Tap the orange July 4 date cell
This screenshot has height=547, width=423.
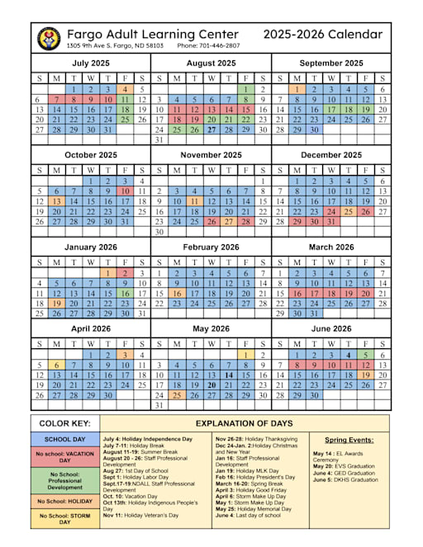[124, 89]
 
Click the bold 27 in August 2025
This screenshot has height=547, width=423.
[211, 130]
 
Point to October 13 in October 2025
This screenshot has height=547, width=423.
[56, 200]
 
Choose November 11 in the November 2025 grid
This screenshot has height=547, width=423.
[194, 200]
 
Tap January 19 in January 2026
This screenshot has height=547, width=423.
[56, 303]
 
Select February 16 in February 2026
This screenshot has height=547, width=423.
[177, 293]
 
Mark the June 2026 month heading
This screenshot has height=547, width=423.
[330, 328]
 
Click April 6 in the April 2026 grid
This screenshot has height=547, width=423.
[56, 365]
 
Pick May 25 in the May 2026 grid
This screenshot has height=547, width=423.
[177, 395]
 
